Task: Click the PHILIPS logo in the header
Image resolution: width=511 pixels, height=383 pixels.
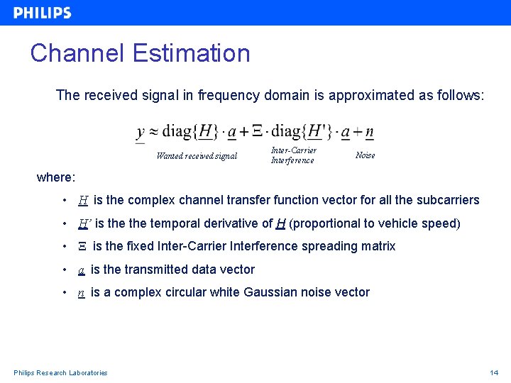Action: coord(43,13)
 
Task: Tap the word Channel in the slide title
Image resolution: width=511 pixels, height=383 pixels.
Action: coord(75,53)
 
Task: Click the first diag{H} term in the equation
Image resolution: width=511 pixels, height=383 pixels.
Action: coord(189,131)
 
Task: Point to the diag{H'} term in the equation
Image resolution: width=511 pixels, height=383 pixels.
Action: coord(302,131)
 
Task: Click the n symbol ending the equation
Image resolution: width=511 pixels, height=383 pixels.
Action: coord(369,132)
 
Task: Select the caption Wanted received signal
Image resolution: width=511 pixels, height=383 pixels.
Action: coord(197,156)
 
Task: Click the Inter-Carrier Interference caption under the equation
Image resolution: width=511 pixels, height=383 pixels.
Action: coord(293,155)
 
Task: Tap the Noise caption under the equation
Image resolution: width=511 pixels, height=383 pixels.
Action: coord(365,155)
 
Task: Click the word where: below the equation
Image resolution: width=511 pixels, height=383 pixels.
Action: coord(56,177)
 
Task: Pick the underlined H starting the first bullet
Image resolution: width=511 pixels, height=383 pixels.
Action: coord(83,201)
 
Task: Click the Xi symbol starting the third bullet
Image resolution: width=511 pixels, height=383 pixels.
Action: coord(82,247)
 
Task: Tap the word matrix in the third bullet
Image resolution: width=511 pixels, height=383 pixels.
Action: coord(377,246)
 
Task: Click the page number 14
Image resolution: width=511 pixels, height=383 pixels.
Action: coord(494,373)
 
